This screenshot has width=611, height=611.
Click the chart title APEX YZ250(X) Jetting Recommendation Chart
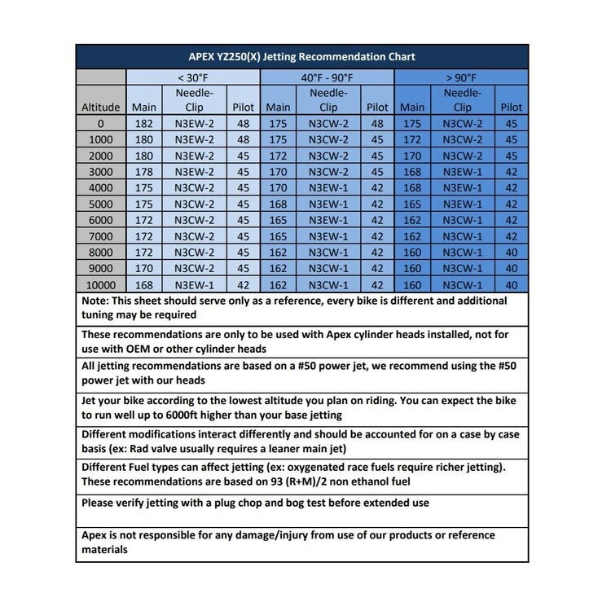(x=301, y=57)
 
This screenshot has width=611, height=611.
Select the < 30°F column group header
(x=193, y=77)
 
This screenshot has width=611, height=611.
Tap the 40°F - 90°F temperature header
(x=327, y=77)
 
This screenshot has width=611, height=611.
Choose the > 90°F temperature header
(x=462, y=77)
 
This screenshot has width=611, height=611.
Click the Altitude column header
(x=101, y=108)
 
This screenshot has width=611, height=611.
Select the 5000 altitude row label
(x=101, y=204)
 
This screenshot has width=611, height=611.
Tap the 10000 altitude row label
(x=101, y=284)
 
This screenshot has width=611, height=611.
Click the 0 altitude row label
(x=101, y=124)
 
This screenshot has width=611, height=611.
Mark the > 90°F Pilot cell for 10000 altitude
(x=511, y=284)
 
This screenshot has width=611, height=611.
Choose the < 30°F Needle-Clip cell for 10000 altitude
(x=194, y=284)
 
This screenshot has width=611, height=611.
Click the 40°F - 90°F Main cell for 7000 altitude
(x=278, y=236)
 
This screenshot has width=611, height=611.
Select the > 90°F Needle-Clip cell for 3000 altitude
(x=462, y=172)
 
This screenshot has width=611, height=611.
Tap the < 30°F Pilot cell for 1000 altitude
(x=243, y=139)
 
